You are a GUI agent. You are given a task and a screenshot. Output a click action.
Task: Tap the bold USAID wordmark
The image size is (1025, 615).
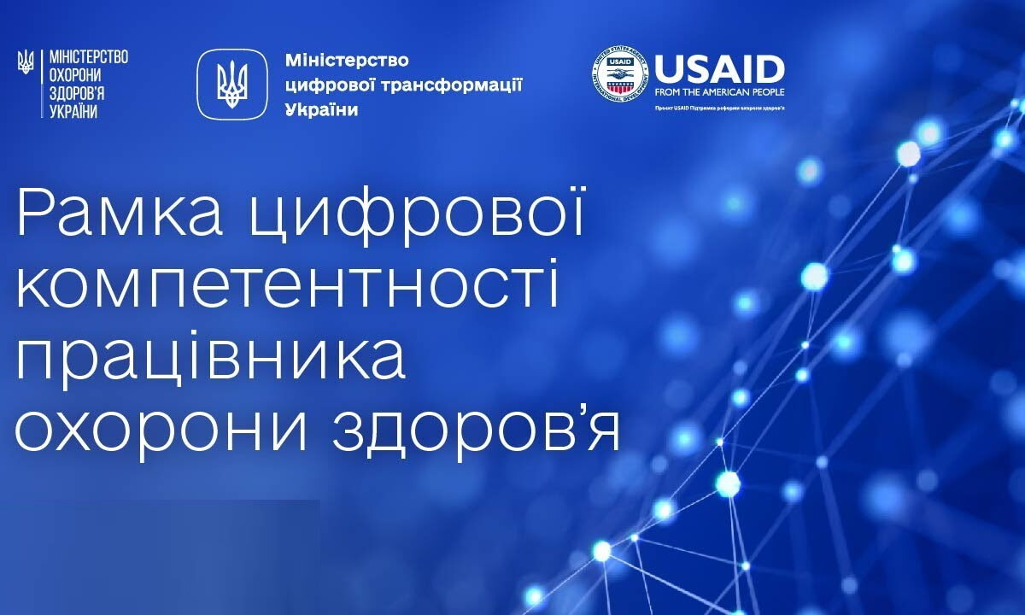click(719, 68)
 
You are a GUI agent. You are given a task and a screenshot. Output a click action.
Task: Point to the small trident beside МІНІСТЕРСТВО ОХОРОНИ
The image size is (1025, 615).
click(26, 60)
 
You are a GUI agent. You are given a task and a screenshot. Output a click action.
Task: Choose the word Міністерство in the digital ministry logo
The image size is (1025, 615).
click(346, 61)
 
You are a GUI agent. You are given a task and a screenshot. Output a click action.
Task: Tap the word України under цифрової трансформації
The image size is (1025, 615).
click(320, 110)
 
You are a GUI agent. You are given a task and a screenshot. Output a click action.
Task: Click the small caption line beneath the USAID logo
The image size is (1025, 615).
click(719, 109)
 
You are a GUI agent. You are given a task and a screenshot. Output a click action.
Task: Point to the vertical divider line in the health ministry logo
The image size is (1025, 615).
click(41, 84)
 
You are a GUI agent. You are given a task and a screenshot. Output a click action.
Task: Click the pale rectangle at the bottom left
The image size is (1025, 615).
click(160, 555)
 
